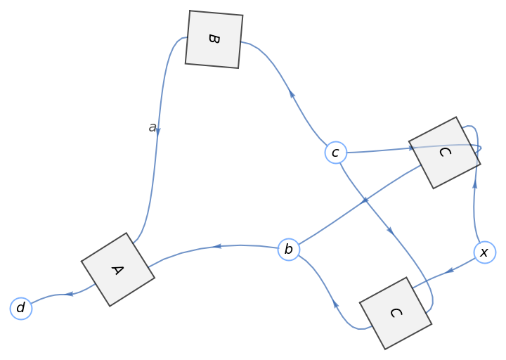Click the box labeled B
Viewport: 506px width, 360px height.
pyautogui.click(x=214, y=39)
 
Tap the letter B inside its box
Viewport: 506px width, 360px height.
pyautogui.click(x=214, y=39)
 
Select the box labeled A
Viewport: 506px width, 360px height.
pyautogui.click(x=117, y=269)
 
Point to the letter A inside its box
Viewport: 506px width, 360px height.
pyautogui.click(x=117, y=269)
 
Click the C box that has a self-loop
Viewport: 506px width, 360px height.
pyautogui.click(x=444, y=153)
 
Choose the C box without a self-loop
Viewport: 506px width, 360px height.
pyautogui.click(x=395, y=313)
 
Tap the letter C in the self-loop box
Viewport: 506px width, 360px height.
pyautogui.click(x=444, y=153)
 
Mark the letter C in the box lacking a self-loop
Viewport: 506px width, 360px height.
pyautogui.click(x=395, y=313)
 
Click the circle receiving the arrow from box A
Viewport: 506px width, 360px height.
pyautogui.click(x=21, y=308)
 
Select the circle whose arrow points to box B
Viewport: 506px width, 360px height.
pyautogui.click(x=336, y=152)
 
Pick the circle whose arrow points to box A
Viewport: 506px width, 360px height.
pyautogui.click(x=289, y=249)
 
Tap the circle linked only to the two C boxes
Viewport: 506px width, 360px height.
pyautogui.click(x=484, y=252)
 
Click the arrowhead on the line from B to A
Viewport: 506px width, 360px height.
pyautogui.click(x=158, y=131)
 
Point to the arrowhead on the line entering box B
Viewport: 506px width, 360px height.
pyautogui.click(x=292, y=94)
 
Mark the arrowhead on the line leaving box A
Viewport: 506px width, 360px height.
pyautogui.click(x=70, y=294)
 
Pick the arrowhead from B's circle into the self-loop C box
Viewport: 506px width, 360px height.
pyautogui.click(x=411, y=148)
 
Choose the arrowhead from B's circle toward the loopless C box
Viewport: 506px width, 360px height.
pyautogui.click(x=390, y=230)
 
